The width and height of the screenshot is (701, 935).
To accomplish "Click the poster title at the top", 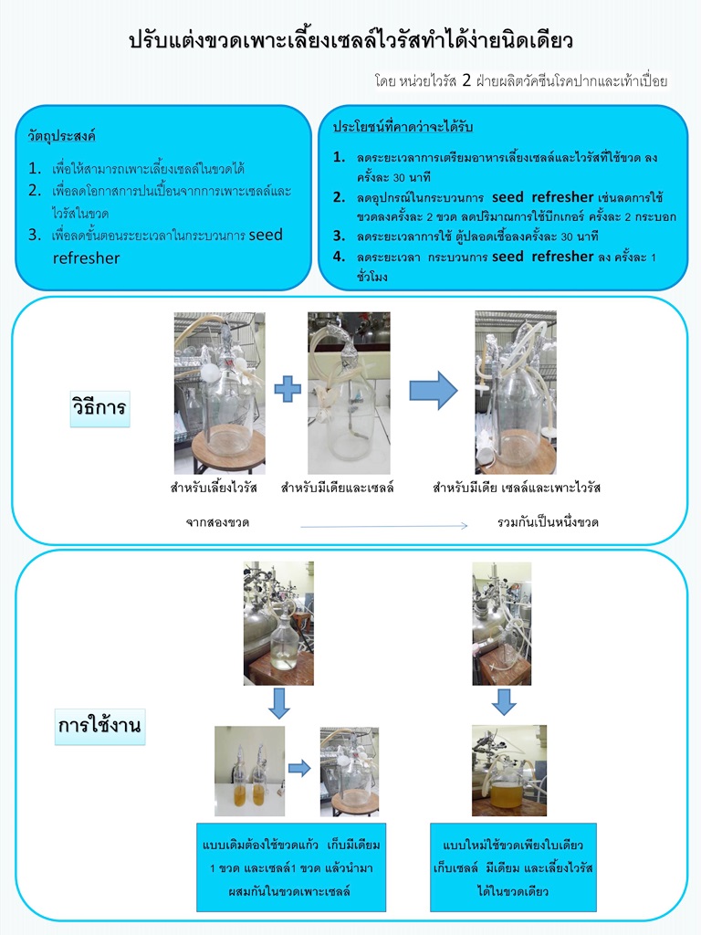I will [350, 41].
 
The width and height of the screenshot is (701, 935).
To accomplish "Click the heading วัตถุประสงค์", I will [62, 137].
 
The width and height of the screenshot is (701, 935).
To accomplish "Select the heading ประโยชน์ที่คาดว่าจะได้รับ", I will [408, 126].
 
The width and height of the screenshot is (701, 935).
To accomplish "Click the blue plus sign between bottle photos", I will [287, 390].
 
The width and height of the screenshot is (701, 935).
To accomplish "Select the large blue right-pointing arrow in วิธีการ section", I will [433, 390].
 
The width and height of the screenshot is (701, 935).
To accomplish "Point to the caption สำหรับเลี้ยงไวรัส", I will [214, 488].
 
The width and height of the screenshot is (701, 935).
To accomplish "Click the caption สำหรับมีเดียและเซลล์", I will [337, 488].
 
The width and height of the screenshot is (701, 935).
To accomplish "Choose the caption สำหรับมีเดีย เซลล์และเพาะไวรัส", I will [517, 488].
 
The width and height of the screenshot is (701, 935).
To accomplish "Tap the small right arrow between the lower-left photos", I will [299, 768].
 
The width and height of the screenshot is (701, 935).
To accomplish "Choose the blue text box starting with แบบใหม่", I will [513, 866].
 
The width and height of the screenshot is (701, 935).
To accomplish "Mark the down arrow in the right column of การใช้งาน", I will [504, 701].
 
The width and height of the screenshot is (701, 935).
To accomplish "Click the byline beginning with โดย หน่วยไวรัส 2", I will [521, 80].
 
